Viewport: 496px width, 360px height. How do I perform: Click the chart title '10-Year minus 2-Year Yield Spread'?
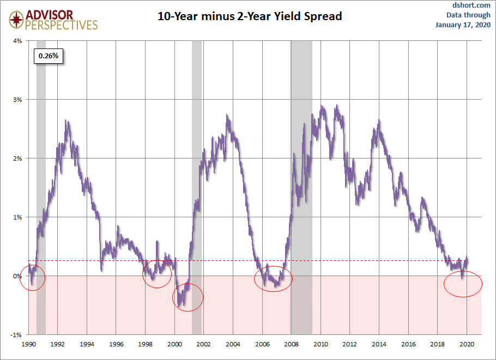[250, 16]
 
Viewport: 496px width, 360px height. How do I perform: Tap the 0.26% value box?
[49, 56]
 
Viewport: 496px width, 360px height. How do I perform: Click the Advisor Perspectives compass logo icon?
[16, 20]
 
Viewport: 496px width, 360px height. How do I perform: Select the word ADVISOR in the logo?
[50, 15]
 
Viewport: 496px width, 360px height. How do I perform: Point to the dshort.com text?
[471, 5]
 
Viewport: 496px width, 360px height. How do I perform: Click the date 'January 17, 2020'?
[463, 25]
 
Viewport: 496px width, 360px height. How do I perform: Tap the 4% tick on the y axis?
[17, 41]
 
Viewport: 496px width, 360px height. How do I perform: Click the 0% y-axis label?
[17, 276]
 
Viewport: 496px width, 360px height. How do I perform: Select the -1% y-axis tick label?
[16, 335]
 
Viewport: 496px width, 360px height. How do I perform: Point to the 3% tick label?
[17, 100]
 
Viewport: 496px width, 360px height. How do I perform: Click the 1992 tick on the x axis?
[58, 344]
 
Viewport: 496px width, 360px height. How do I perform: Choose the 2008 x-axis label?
[292, 344]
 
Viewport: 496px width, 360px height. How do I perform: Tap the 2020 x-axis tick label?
[467, 344]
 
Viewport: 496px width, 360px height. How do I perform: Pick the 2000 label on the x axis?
[174, 344]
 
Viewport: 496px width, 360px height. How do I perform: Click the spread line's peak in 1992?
[66, 120]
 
